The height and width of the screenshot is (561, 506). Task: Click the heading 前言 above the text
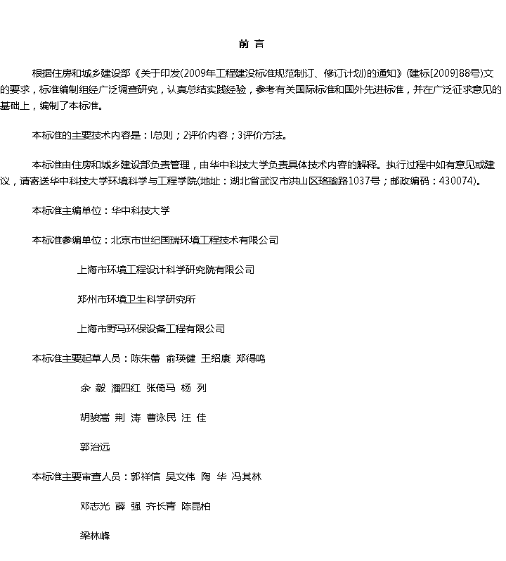pyautogui.click(x=252, y=44)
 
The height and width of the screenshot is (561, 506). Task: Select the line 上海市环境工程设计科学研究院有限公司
pyautogui.click(x=166, y=270)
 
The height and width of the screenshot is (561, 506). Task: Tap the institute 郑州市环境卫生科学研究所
pyautogui.click(x=136, y=299)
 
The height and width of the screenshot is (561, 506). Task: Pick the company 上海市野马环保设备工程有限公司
pyautogui.click(x=151, y=329)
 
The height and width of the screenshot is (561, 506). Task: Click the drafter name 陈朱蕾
pyautogui.click(x=145, y=358)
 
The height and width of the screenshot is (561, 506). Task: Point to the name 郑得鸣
pyautogui.click(x=251, y=358)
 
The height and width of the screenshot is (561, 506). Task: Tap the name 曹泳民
pyautogui.click(x=162, y=417)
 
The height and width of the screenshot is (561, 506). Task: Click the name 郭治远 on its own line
pyautogui.click(x=95, y=447)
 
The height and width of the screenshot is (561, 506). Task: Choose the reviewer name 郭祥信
pyautogui.click(x=145, y=477)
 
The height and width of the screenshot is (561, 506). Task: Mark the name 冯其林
pyautogui.click(x=246, y=477)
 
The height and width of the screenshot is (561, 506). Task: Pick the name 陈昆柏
pyautogui.click(x=196, y=506)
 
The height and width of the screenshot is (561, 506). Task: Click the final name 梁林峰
pyautogui.click(x=95, y=536)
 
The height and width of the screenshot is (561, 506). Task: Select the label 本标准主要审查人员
pyautogui.click(x=77, y=477)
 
